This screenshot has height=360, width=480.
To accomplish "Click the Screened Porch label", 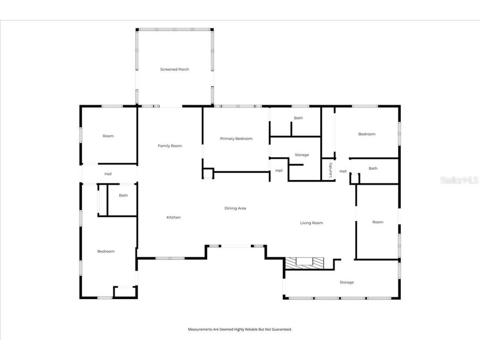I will pos(175,70).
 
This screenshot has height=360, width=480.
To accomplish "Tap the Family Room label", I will pos(170,146).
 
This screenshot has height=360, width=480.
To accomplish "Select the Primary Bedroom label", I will pos(236,139).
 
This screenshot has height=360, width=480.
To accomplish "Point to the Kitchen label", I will pos(173,217).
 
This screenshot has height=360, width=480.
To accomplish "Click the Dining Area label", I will pos(235,208).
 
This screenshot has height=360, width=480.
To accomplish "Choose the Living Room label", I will pos(312,223).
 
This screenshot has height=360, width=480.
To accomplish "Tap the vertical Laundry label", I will pos(330,170).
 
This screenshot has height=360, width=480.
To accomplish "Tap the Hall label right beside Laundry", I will pos(343,171).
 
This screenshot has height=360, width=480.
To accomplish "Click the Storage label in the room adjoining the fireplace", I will pos(346,282).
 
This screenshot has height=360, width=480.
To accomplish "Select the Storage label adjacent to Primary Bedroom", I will pos(302,155).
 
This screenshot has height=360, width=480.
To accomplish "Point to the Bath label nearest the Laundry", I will pos(373,168).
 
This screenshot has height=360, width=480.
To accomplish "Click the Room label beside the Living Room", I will pos(377,222).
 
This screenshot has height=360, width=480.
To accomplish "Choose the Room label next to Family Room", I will pos(108,136).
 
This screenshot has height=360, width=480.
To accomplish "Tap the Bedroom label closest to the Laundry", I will pos(367,134).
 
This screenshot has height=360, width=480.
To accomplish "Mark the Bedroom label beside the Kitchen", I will pos(106,252).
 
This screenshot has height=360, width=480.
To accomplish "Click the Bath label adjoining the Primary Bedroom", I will pos(298,118).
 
